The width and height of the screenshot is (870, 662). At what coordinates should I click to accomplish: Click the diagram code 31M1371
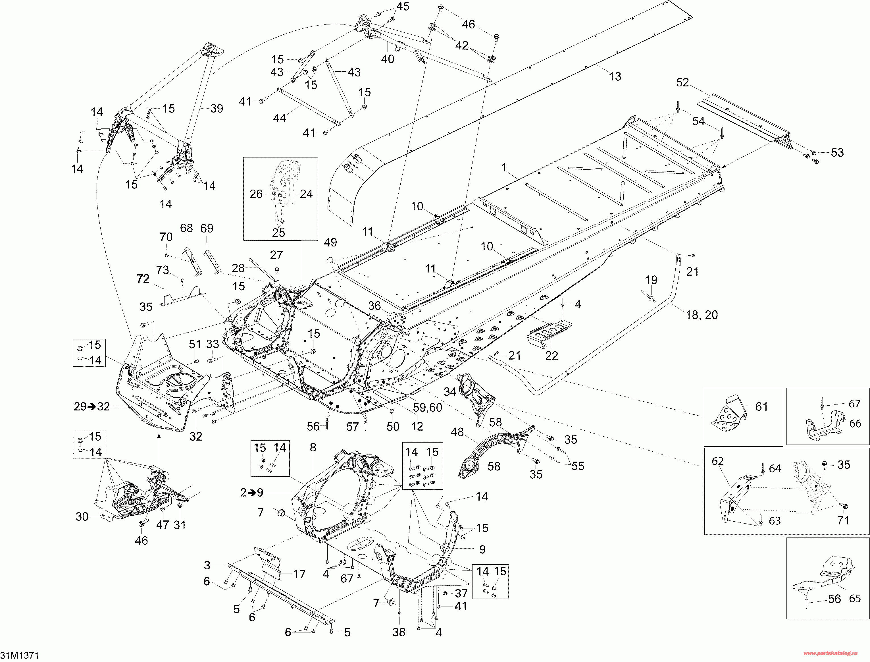click(x=19, y=655)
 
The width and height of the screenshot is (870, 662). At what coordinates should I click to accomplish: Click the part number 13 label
click(x=615, y=76)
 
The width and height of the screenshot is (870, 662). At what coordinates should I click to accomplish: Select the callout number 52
click(x=682, y=82)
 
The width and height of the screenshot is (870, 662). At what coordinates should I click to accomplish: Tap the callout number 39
click(x=217, y=108)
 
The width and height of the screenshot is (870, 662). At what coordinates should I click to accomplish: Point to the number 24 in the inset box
click(x=306, y=194)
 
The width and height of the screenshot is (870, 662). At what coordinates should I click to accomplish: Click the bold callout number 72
click(x=143, y=279)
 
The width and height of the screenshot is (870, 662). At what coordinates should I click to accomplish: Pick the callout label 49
click(x=330, y=242)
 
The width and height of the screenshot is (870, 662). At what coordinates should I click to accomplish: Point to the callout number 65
click(x=855, y=599)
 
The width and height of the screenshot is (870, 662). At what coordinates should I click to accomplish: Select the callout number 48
click(x=457, y=432)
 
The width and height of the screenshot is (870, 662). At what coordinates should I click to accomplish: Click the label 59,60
click(x=428, y=407)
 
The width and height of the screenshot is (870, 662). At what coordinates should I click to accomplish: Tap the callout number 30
click(x=82, y=516)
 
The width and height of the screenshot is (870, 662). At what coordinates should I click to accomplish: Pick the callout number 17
click(x=299, y=574)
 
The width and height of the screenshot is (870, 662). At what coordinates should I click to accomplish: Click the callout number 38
click(x=399, y=632)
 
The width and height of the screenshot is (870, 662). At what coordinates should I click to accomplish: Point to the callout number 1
click(x=504, y=167)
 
